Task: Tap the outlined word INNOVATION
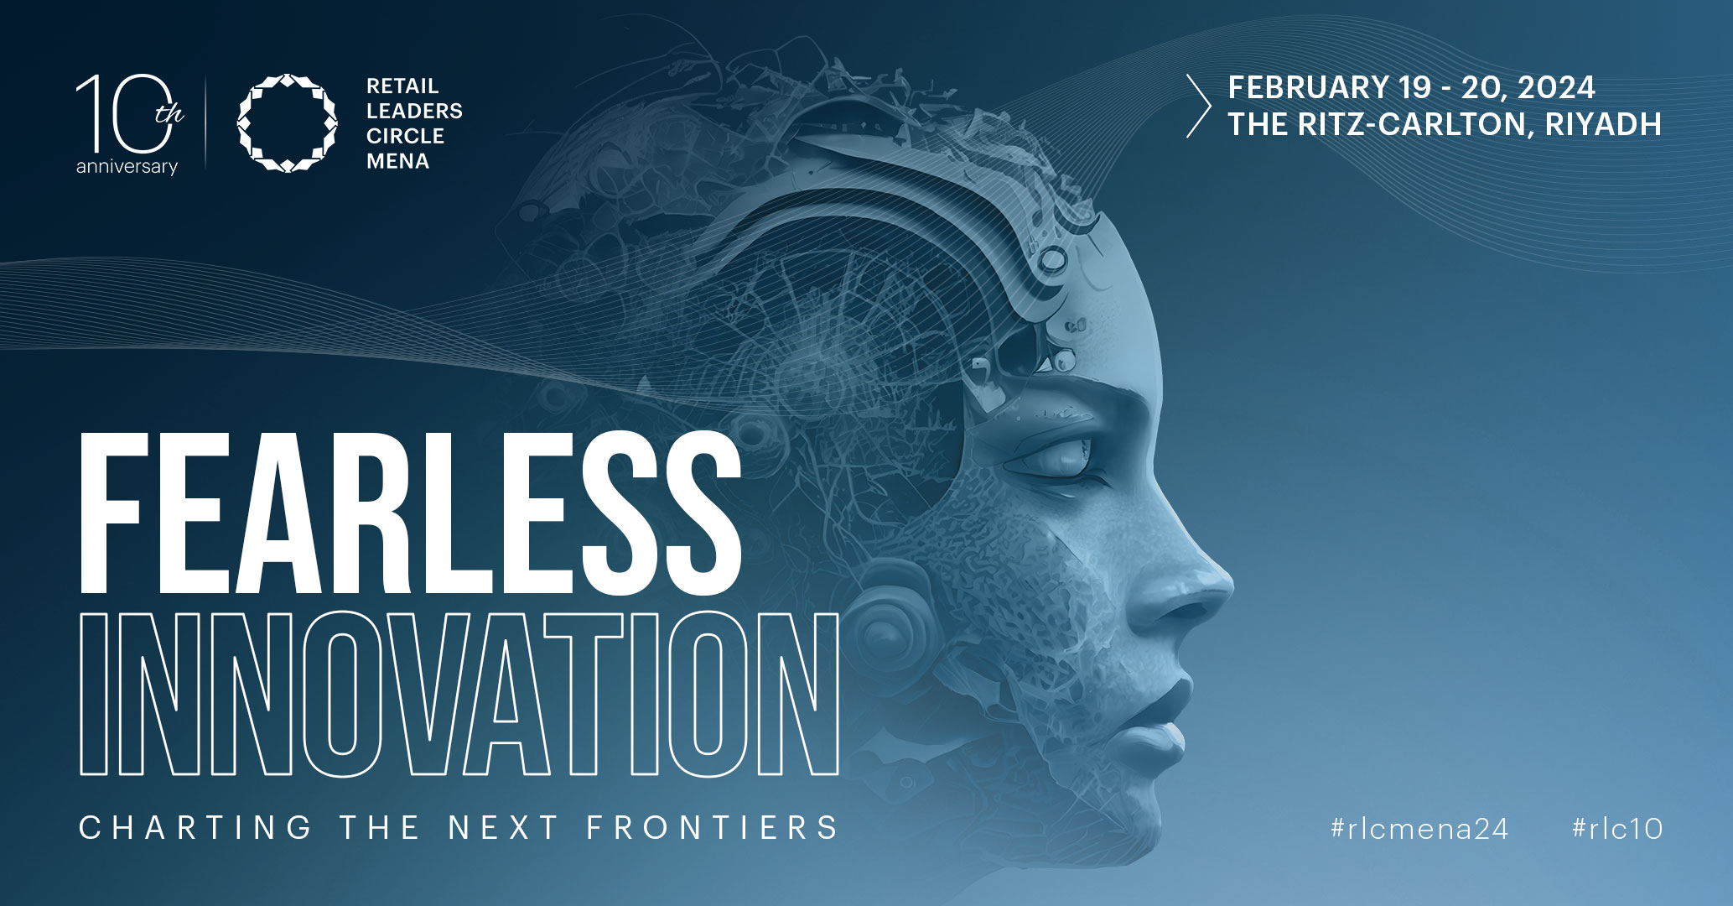459,693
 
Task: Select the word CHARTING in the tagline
195,828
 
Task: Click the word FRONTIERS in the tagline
712,828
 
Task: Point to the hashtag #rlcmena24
1419,829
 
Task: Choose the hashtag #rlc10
1617,829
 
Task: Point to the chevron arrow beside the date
1199,106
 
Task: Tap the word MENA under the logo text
398,161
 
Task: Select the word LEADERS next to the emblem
414,111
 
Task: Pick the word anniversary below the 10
127,167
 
